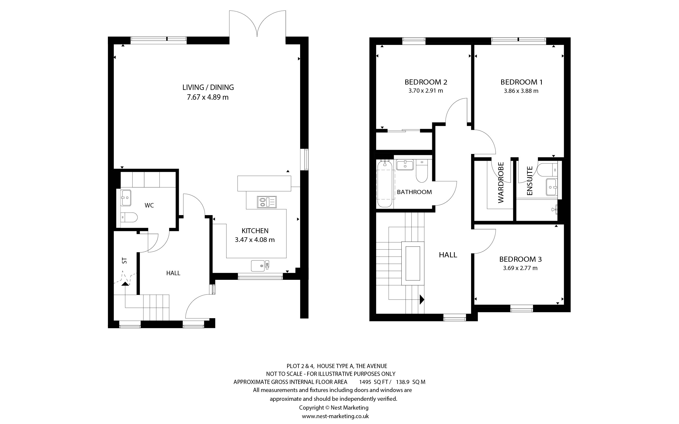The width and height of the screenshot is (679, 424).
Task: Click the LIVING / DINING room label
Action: click(x=208, y=87)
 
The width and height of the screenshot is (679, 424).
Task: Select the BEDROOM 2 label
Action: click(x=426, y=82)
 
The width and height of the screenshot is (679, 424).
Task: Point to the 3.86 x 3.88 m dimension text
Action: click(x=521, y=91)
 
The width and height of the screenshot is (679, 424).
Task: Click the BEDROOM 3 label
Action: click(x=521, y=259)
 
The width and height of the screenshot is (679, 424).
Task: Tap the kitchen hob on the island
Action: click(x=267, y=202)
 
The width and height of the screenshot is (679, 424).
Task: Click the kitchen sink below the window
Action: click(x=260, y=266)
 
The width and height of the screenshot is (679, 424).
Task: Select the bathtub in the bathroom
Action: click(x=385, y=184)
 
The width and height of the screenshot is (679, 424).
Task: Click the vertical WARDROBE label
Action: click(x=501, y=182)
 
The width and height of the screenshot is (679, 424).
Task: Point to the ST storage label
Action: click(x=124, y=261)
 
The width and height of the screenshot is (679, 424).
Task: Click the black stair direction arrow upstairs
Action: click(x=422, y=300)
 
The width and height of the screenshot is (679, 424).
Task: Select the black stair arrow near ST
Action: click(x=125, y=284)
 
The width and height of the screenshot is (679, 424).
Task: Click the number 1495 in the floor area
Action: click(x=365, y=382)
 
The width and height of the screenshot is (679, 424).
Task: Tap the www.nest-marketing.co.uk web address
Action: click(x=335, y=416)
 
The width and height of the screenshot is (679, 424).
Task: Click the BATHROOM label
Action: click(x=414, y=192)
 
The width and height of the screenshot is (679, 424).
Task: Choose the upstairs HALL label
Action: click(x=448, y=255)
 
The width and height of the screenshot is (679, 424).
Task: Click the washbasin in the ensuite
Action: click(x=552, y=187)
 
